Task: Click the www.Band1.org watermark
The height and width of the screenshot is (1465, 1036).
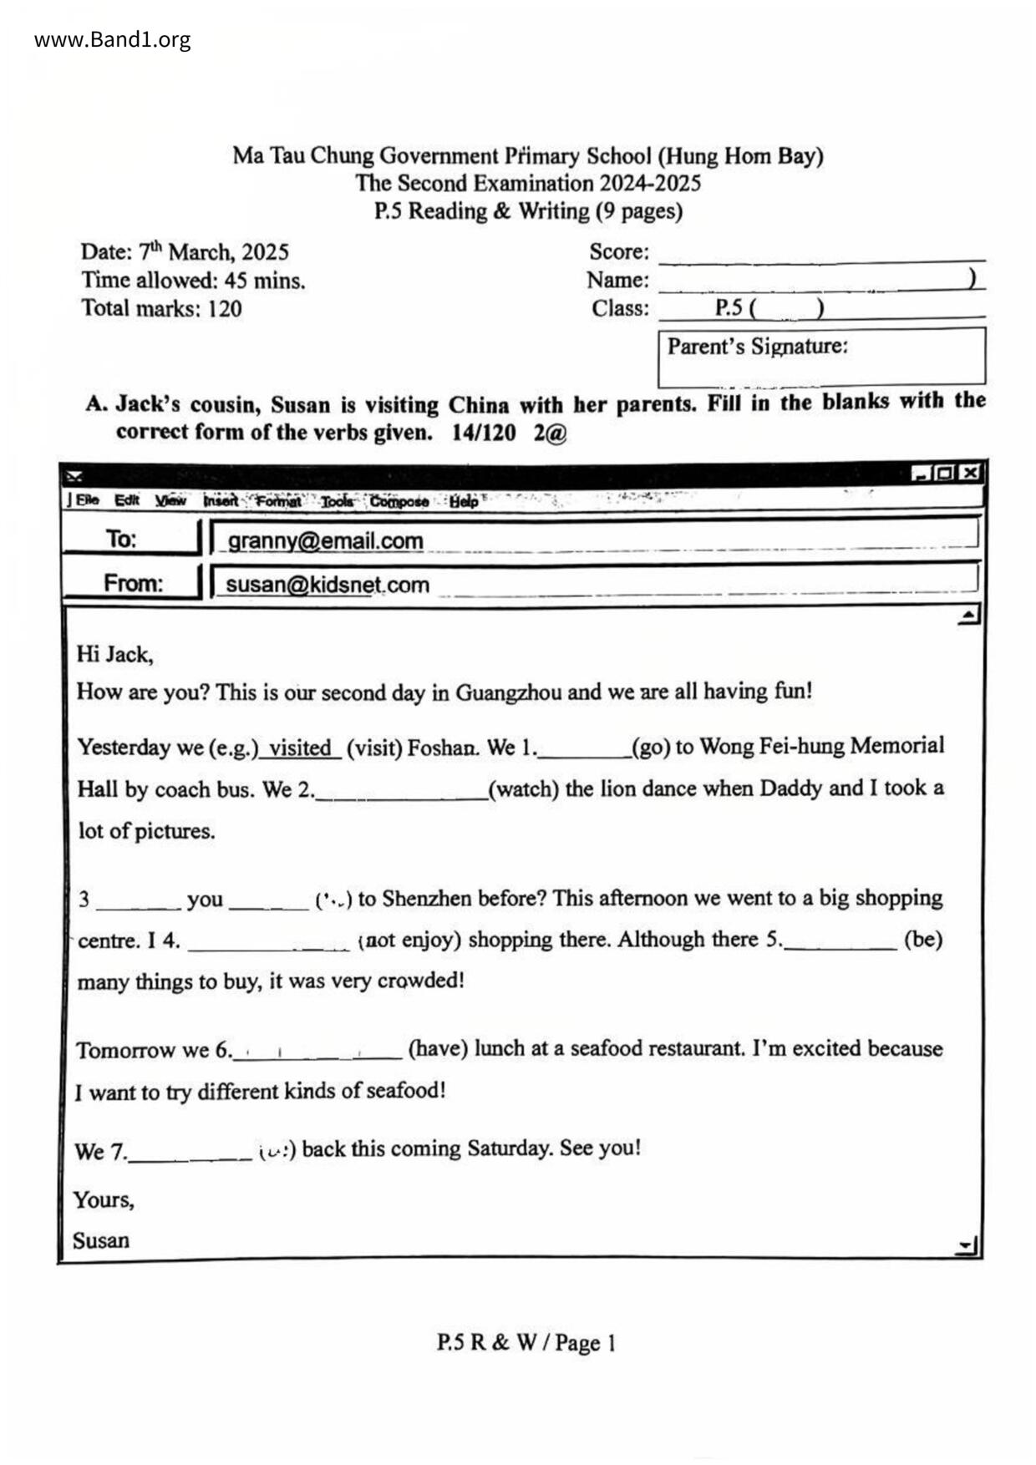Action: [x=112, y=40]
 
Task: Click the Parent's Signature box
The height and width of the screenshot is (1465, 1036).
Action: [x=821, y=357]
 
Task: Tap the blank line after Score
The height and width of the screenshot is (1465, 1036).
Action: [x=821, y=254]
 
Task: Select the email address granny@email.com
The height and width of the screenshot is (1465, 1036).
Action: [x=325, y=541]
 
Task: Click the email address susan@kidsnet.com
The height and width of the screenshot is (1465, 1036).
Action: [x=328, y=585]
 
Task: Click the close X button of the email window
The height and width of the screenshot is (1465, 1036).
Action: [x=969, y=473]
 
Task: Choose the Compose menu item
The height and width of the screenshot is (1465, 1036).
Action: [x=399, y=501]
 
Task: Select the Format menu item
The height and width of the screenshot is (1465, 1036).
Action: [x=278, y=501]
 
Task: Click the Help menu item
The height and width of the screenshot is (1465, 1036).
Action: [x=464, y=501]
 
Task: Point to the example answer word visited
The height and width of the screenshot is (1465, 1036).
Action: [x=300, y=748]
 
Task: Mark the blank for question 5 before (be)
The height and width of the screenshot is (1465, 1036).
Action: [x=840, y=942]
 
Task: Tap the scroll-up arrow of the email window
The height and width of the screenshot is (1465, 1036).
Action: [x=968, y=616]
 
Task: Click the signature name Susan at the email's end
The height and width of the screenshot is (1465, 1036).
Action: [x=101, y=1240]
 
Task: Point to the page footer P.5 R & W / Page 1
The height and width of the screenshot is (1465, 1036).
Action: [x=526, y=1343]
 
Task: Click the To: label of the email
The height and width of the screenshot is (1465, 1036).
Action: [x=121, y=539]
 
